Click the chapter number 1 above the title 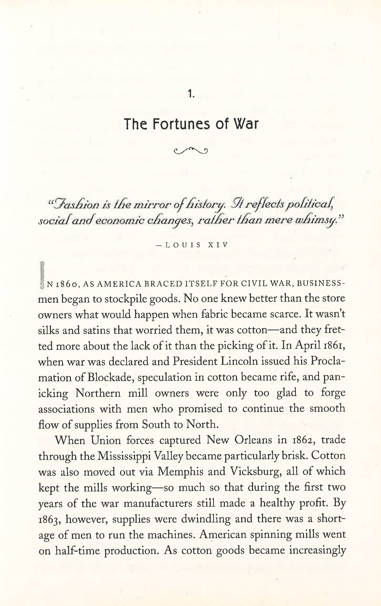click(x=190, y=94)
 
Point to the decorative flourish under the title click(x=191, y=150)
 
